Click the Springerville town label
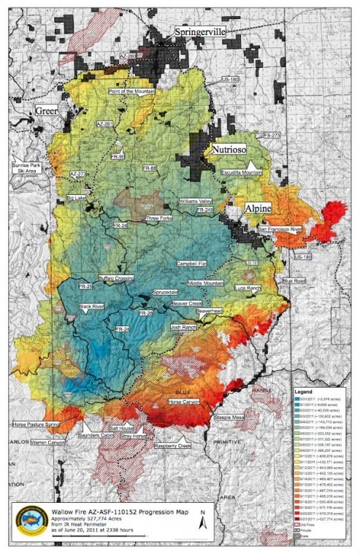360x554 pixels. point(201,33)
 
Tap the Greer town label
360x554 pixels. point(46,110)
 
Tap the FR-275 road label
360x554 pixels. point(272,136)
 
